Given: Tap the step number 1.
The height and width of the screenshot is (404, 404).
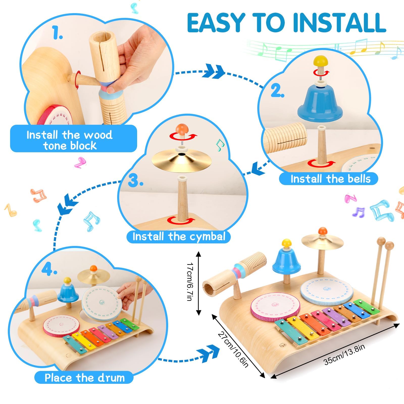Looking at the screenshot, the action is pyautogui.click(x=58, y=33).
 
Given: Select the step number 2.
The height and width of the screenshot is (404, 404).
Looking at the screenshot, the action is pyautogui.click(x=277, y=91).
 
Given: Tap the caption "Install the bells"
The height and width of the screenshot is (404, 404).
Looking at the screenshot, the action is pyautogui.click(x=331, y=179).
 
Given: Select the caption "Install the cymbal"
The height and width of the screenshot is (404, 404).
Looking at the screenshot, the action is pyautogui.click(x=179, y=237).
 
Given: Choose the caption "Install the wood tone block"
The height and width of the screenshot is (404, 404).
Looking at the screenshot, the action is pyautogui.click(x=70, y=140).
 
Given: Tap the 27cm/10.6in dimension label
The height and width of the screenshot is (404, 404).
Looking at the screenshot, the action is pyautogui.click(x=233, y=349).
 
